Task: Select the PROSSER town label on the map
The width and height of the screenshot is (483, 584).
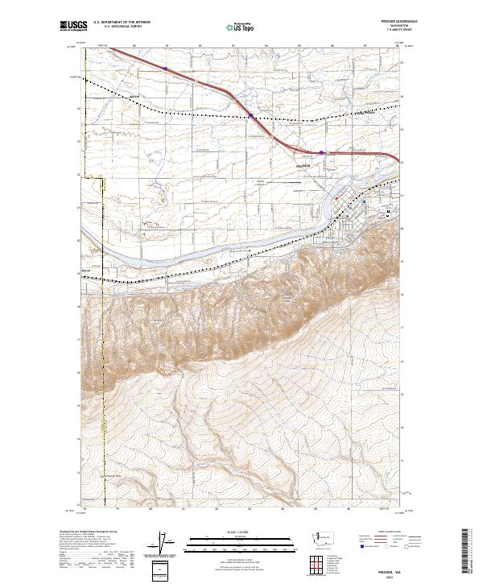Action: [x=303, y=166]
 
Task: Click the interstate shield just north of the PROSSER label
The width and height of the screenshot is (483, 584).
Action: [x=322, y=151]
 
